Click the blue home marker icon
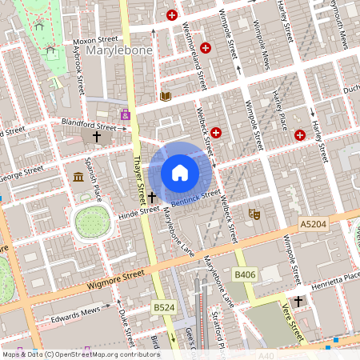pos(180,172)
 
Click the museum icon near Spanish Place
pos(79,177)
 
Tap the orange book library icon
pos(166,96)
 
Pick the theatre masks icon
pos(254,214)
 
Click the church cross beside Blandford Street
pos(98,137)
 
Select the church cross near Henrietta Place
pos(298,301)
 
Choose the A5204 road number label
pos(314,226)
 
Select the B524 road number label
pos(163,306)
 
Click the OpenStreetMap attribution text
pos(80,354)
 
